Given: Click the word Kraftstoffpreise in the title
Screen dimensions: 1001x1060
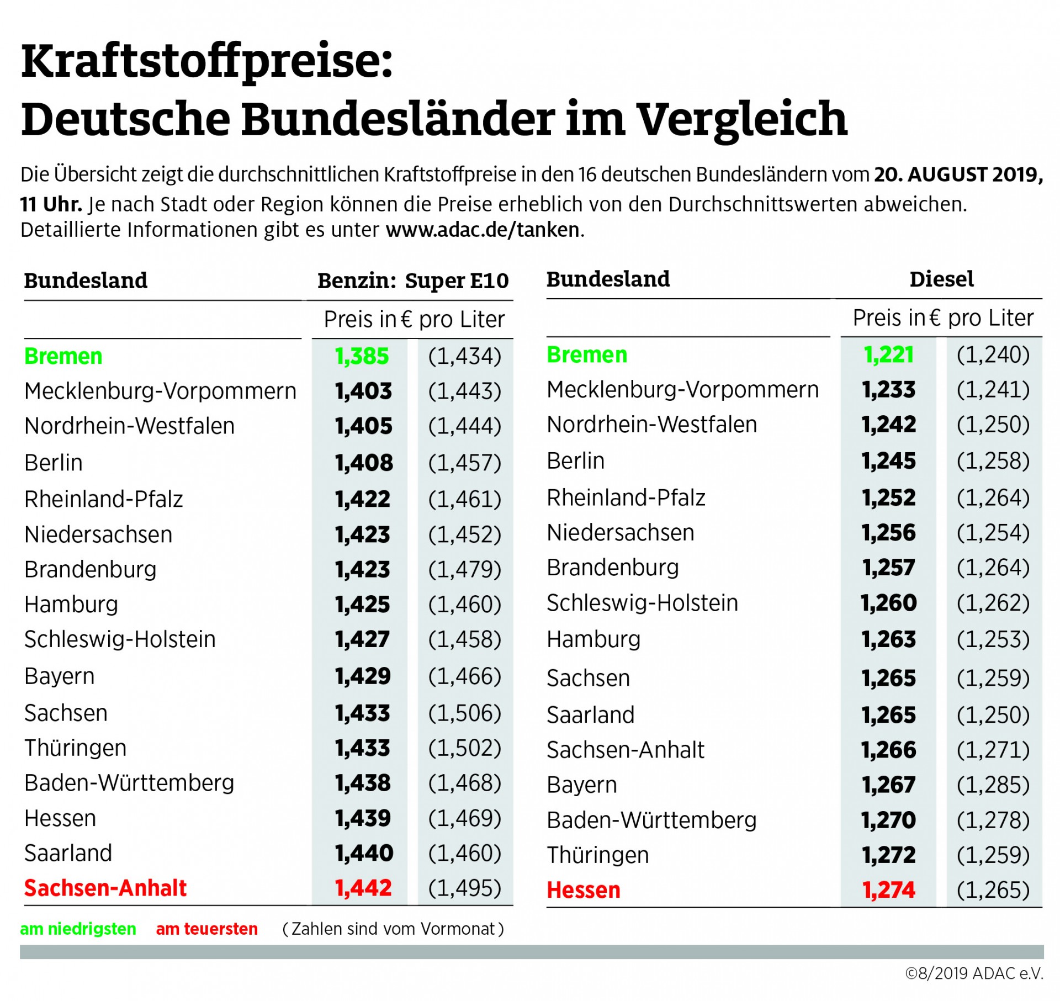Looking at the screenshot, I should tap(206, 62).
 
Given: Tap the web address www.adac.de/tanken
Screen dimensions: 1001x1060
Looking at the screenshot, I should tap(483, 230).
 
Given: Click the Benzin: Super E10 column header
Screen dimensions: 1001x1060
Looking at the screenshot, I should tap(413, 280).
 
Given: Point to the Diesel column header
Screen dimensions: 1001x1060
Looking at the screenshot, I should tap(941, 279).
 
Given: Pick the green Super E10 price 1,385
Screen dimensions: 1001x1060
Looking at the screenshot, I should tap(362, 356).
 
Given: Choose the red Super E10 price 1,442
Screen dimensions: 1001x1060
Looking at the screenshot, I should tap(363, 888).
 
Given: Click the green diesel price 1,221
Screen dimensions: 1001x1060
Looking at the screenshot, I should tap(888, 354).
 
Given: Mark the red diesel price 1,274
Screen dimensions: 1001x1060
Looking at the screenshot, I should tap(888, 889).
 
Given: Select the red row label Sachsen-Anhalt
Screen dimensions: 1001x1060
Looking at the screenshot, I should tap(105, 888).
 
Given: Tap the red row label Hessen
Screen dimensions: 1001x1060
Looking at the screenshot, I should tap(584, 889).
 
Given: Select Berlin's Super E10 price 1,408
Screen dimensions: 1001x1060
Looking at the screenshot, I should tap(364, 463).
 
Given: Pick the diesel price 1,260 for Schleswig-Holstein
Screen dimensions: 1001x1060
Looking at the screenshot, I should tap(888, 602).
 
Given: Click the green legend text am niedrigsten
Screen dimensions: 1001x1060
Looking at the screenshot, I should tap(78, 929).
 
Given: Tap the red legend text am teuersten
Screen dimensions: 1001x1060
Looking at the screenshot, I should tap(206, 929).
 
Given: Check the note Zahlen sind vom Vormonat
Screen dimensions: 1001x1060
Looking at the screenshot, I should tap(393, 929).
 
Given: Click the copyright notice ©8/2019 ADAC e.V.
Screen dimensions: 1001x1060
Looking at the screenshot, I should tap(974, 973).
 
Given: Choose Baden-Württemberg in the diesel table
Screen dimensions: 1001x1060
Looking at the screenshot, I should tap(651, 820).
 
